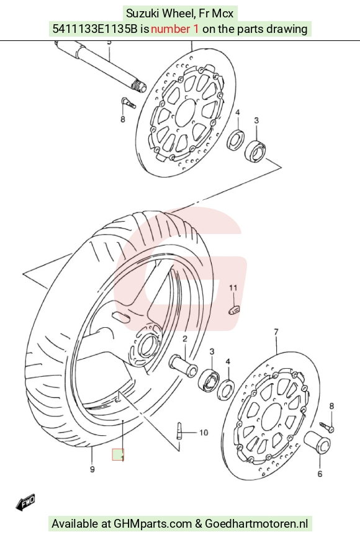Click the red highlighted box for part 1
[118, 454]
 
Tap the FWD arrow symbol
[25, 502]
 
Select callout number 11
[233, 288]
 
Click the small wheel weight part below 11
[234, 310]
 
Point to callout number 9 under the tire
[92, 469]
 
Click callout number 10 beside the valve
[204, 433]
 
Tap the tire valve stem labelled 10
[179, 431]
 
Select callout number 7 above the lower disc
[276, 332]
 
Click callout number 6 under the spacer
[320, 474]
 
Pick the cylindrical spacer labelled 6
[318, 443]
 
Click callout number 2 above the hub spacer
[185, 339]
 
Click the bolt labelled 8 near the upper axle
[128, 102]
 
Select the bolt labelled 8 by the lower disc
[327, 426]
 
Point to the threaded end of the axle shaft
[140, 86]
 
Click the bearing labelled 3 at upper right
[255, 150]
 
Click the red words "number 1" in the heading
[174, 29]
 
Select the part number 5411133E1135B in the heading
[95, 29]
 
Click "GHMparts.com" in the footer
[153, 523]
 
